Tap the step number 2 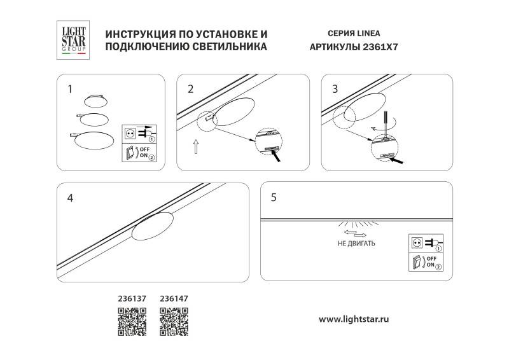[190, 88]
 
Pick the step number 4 [70, 198]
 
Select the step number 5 [274, 197]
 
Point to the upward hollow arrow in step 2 [196, 148]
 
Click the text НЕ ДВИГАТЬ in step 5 [356, 244]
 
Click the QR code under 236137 [132, 321]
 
